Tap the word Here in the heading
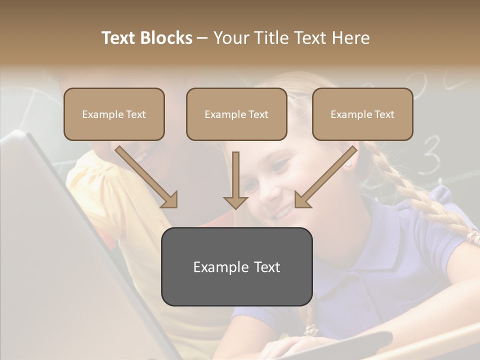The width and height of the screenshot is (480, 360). [x=350, y=38]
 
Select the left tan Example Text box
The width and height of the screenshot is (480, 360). [x=114, y=114]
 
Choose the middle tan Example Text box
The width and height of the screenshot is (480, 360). [x=236, y=114]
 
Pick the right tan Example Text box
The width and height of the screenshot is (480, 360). [x=362, y=114]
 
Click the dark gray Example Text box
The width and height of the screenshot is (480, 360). [x=236, y=266]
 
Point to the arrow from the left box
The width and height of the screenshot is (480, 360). [x=147, y=177]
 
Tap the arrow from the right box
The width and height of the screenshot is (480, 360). [x=325, y=177]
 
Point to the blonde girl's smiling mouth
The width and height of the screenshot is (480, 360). [x=283, y=213]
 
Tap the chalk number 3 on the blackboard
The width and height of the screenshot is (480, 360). [x=431, y=152]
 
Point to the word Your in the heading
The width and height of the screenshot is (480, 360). [x=229, y=38]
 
